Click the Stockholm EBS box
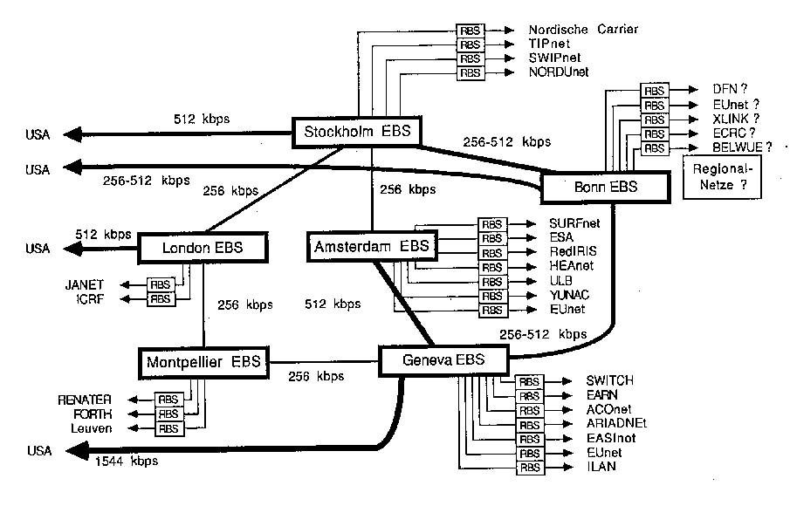(355, 133)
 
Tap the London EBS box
(203, 249)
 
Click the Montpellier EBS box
(204, 360)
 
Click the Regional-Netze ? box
(721, 178)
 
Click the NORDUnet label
(562, 72)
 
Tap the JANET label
(84, 284)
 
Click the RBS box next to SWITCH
(529, 381)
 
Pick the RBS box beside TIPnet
(471, 44)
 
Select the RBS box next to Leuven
(168, 428)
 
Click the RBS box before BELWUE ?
(655, 148)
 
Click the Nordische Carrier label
(583, 29)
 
